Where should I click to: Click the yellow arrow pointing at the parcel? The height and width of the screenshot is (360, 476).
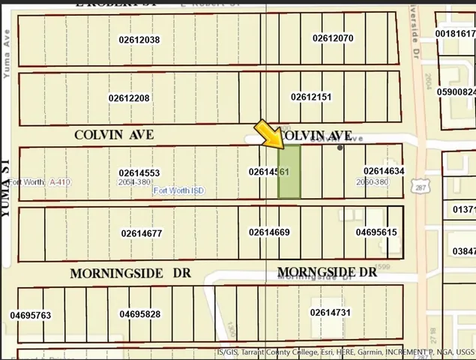coord(269,134)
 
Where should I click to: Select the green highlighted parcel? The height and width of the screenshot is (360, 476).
coord(289,172)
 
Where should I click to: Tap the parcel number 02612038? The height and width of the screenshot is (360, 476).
coord(139,39)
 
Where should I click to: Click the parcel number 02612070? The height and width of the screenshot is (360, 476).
coord(333,37)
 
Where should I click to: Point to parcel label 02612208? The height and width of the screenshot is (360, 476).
coord(129,97)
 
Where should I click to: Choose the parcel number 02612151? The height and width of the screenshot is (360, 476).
coord(311,97)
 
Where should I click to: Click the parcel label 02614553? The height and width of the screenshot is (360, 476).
coord(139,172)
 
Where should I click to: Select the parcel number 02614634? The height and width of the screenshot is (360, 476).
coord(384,171)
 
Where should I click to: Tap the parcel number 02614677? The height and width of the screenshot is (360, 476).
coord(142,233)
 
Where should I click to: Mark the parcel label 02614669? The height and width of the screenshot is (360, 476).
coord(269,232)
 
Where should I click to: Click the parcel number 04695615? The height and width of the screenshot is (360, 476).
coord(376,232)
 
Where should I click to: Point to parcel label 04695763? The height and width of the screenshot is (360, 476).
coord(31,315)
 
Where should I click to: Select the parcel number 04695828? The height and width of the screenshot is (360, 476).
coord(139,313)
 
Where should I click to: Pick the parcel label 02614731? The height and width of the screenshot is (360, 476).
coord(331,312)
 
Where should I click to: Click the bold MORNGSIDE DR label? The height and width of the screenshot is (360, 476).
coord(327,272)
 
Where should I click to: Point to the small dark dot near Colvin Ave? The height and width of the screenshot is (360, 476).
coord(340,148)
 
